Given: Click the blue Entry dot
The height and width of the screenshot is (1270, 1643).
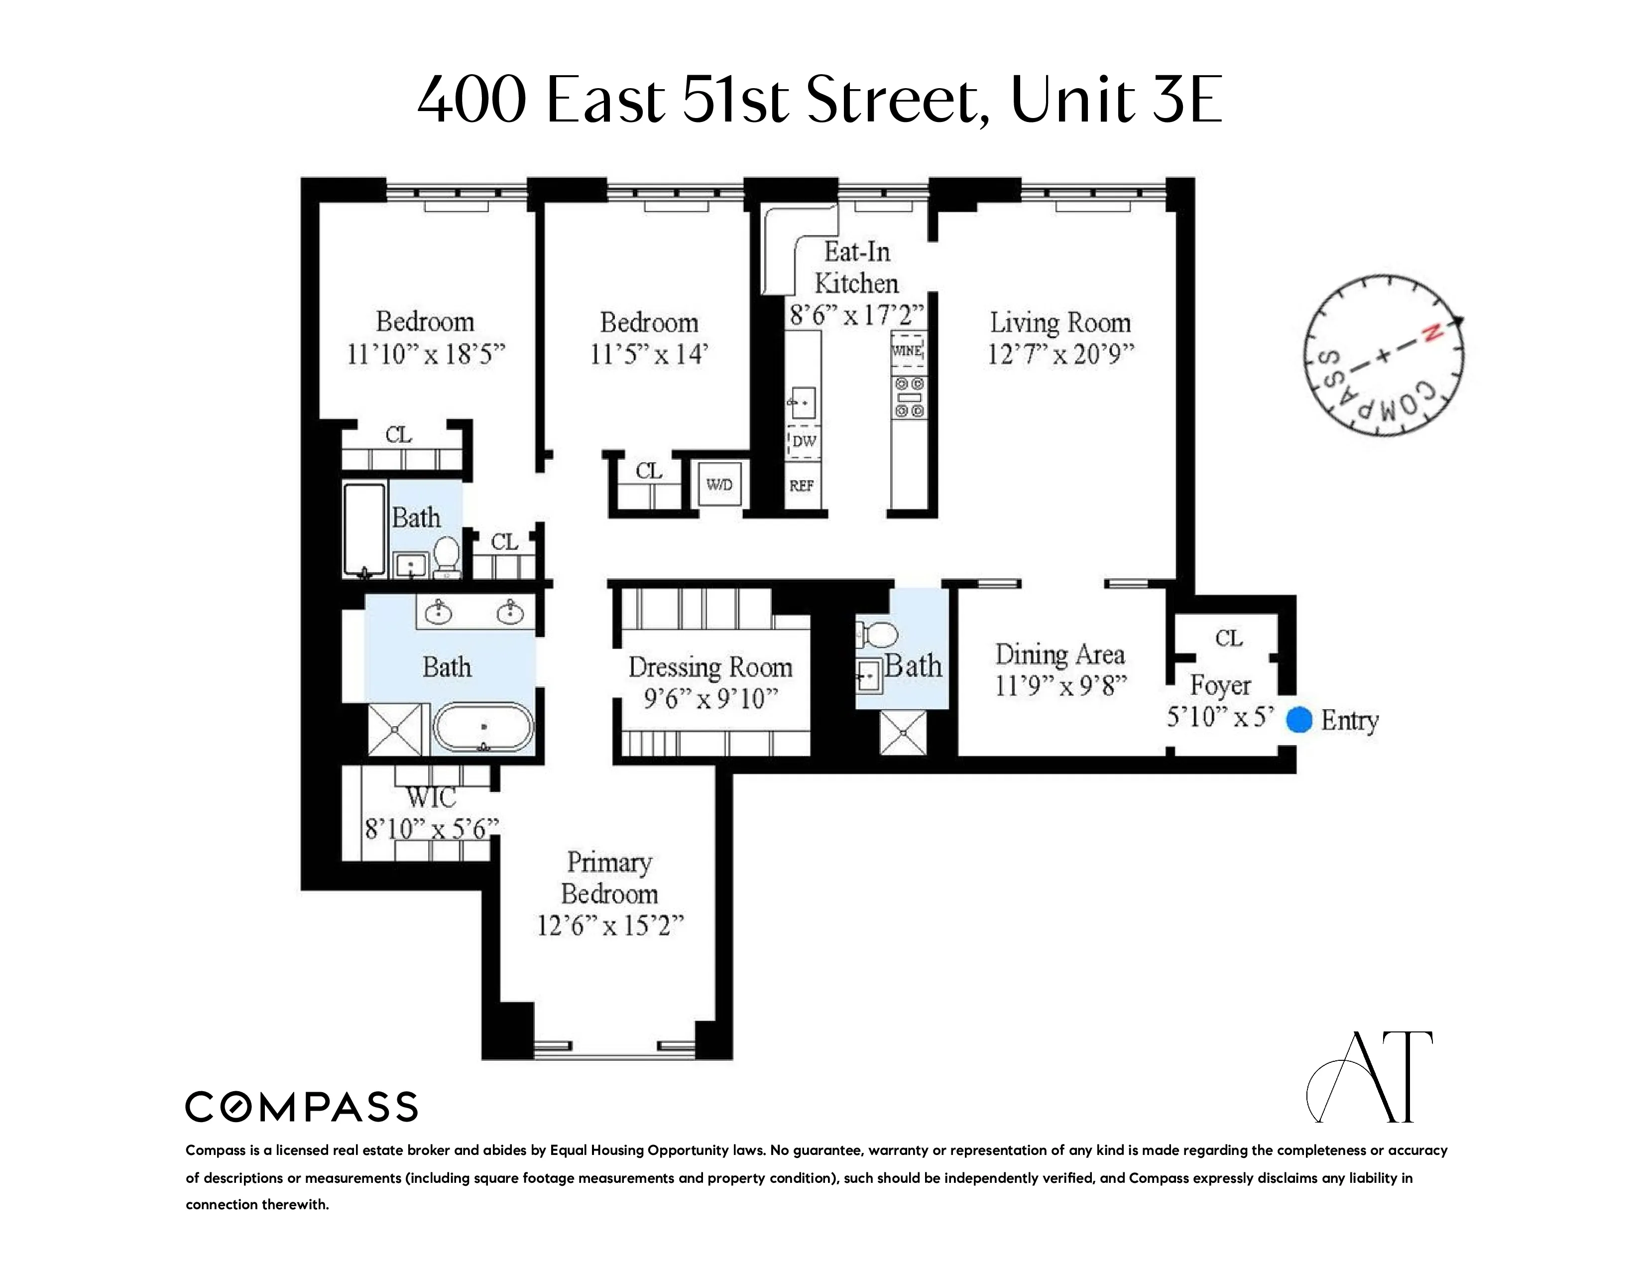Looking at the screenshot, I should click(1299, 719).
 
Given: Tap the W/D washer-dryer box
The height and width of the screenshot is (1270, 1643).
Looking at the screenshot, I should click(719, 485).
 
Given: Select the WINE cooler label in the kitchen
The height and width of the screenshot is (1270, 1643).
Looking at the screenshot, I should click(907, 351).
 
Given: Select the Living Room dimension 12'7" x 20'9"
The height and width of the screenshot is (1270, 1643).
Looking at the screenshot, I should click(1060, 354).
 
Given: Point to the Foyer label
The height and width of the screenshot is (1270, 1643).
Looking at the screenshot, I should click(1219, 685).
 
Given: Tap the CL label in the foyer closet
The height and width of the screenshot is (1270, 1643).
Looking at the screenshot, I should click(1228, 638).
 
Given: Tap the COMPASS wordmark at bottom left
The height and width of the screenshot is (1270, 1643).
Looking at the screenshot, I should click(301, 1107).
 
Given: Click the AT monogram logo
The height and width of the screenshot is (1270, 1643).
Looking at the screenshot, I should click(1369, 1077).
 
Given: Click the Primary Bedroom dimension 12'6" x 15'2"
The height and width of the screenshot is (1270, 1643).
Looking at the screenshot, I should click(610, 925).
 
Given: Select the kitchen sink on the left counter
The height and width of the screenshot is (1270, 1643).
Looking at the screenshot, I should click(803, 402).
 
